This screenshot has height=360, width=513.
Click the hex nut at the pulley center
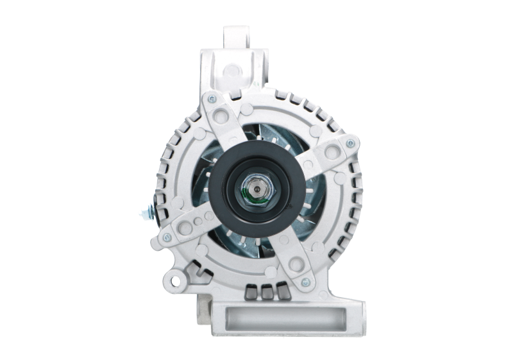pos(256,189)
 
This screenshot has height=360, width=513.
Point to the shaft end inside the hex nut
pos(256,189)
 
